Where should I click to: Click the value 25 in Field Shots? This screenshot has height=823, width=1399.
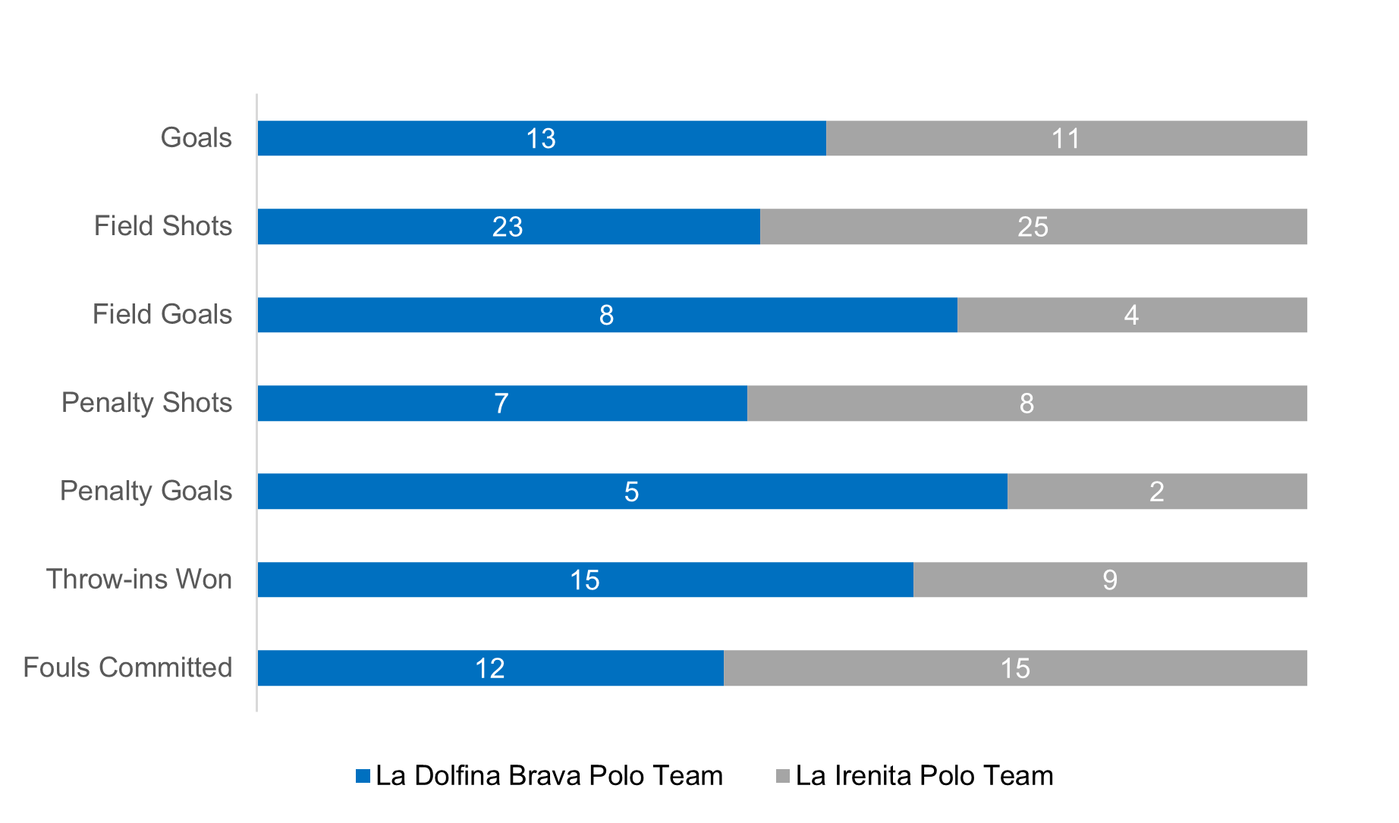[x=1033, y=227]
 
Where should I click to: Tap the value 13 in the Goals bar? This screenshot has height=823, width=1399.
[x=541, y=139]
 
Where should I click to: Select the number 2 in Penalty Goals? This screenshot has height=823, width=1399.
[x=1156, y=492]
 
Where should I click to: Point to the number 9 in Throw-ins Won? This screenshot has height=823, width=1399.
[x=1110, y=580]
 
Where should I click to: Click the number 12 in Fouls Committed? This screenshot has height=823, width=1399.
[x=489, y=668]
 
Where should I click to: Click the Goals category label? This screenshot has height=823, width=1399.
[x=196, y=138]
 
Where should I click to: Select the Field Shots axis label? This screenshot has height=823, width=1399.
[x=162, y=226]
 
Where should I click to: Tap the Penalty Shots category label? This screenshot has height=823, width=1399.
[x=146, y=403]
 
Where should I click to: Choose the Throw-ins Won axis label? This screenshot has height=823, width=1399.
[x=139, y=580]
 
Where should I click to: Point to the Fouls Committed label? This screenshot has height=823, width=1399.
[x=127, y=668]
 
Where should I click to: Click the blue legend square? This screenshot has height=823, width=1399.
[x=363, y=776]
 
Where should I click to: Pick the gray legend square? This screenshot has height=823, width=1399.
[x=783, y=776]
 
